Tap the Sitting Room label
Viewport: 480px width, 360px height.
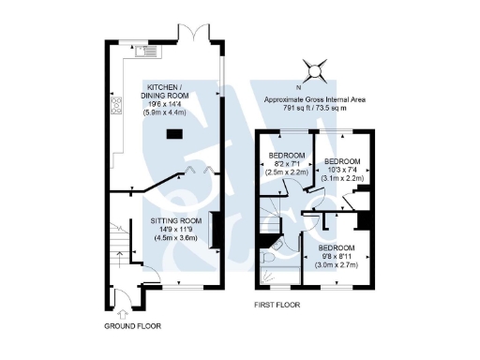(176, 220)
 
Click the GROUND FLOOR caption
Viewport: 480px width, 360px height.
(132, 326)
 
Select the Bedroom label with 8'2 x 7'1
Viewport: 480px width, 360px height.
(287, 155)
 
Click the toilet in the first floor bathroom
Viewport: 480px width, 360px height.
(269, 254)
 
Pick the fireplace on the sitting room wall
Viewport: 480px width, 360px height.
(214, 231)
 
